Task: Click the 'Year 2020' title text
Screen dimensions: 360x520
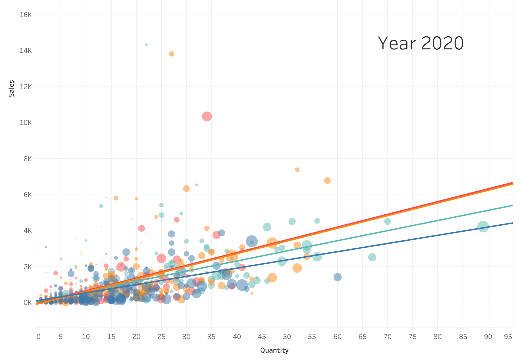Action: coord(421,43)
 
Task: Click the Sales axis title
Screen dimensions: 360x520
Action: coord(11,89)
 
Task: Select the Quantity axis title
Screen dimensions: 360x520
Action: coord(274,350)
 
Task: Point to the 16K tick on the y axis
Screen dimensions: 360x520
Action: coord(26,14)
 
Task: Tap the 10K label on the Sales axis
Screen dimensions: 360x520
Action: coord(26,122)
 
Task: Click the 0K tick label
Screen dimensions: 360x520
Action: coord(27,303)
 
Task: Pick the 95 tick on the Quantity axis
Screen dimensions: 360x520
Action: coord(508,337)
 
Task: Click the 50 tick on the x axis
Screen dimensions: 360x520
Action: coord(287,337)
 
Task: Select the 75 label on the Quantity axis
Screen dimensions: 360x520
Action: coord(413,337)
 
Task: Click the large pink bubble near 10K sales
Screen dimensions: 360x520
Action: coord(207,116)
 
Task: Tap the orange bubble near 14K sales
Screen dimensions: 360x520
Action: coord(172,54)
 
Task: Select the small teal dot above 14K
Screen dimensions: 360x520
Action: coord(146,45)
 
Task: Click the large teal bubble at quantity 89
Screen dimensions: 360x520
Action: coord(483,227)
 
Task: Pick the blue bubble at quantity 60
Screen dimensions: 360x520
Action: coord(337,277)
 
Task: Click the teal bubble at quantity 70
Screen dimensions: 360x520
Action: coord(388,221)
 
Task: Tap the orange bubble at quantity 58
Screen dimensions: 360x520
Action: coord(327,181)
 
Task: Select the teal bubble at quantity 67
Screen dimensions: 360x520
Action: coord(372,257)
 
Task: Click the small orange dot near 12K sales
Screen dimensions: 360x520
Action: coord(161,85)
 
